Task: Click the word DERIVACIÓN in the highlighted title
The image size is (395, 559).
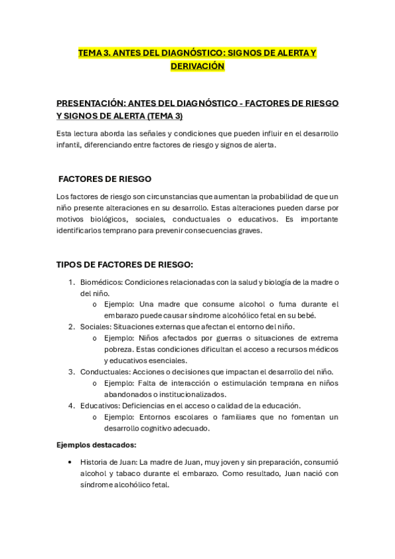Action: tap(198, 67)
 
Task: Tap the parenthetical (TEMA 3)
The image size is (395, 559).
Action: tap(161, 116)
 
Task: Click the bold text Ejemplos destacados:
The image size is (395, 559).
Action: tap(96, 445)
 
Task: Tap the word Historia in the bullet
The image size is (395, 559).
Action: tap(96, 462)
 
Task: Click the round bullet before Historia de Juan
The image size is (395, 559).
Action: tap(71, 462)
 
